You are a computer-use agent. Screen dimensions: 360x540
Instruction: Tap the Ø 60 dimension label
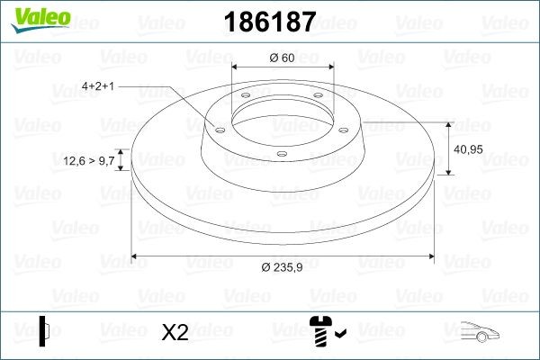(282, 58)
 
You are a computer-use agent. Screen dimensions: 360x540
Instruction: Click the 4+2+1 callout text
(100, 86)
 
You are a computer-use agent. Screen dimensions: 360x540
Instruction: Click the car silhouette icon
(481, 332)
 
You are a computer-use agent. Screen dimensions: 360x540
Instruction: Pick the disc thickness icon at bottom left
(46, 330)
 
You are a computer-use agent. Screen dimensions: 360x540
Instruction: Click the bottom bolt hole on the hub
(282, 154)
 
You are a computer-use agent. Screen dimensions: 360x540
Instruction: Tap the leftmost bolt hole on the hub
(218, 129)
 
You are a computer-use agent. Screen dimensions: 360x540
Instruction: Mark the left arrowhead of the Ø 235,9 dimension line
(136, 256)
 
